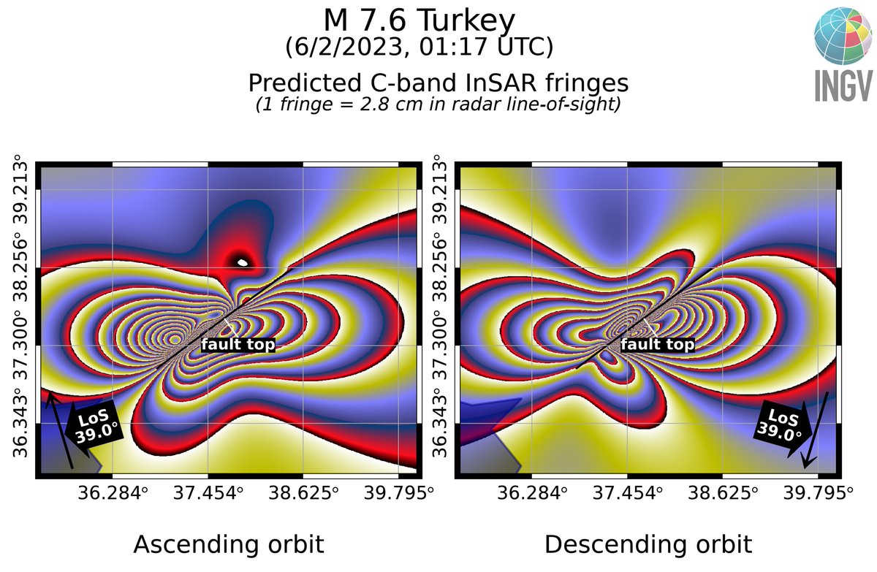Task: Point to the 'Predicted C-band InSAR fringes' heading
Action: coord(438,81)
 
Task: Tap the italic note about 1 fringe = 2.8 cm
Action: coord(438,104)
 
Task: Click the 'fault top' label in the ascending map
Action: coord(238,344)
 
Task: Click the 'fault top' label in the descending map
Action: coord(658,344)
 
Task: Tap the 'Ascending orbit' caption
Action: coord(228,544)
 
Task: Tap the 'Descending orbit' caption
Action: coord(648,544)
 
